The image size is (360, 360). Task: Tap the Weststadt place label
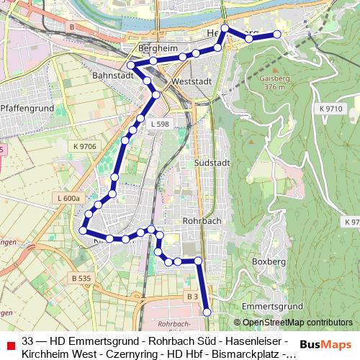pyautogui.click(x=191, y=82)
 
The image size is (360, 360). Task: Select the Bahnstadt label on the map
pyautogui.click(x=114, y=75)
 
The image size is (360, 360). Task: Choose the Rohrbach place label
pyautogui.click(x=202, y=220)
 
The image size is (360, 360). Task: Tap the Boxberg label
pyautogui.click(x=270, y=261)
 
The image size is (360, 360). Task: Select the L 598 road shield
pyautogui.click(x=160, y=124)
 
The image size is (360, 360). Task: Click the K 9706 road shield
pyautogui.click(x=84, y=147)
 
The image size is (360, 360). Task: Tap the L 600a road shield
pyautogui.click(x=69, y=198)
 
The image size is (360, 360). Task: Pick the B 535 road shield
pyautogui.click(x=81, y=278)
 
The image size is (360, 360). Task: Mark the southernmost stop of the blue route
pyautogui.click(x=207, y=312)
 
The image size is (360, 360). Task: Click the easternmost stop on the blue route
pyautogui.click(x=277, y=35)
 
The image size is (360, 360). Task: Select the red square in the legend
pyautogui.click(x=9, y=341)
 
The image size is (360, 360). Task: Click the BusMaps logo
pyautogui.click(x=325, y=345)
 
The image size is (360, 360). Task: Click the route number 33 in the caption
pyautogui.click(x=28, y=341)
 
